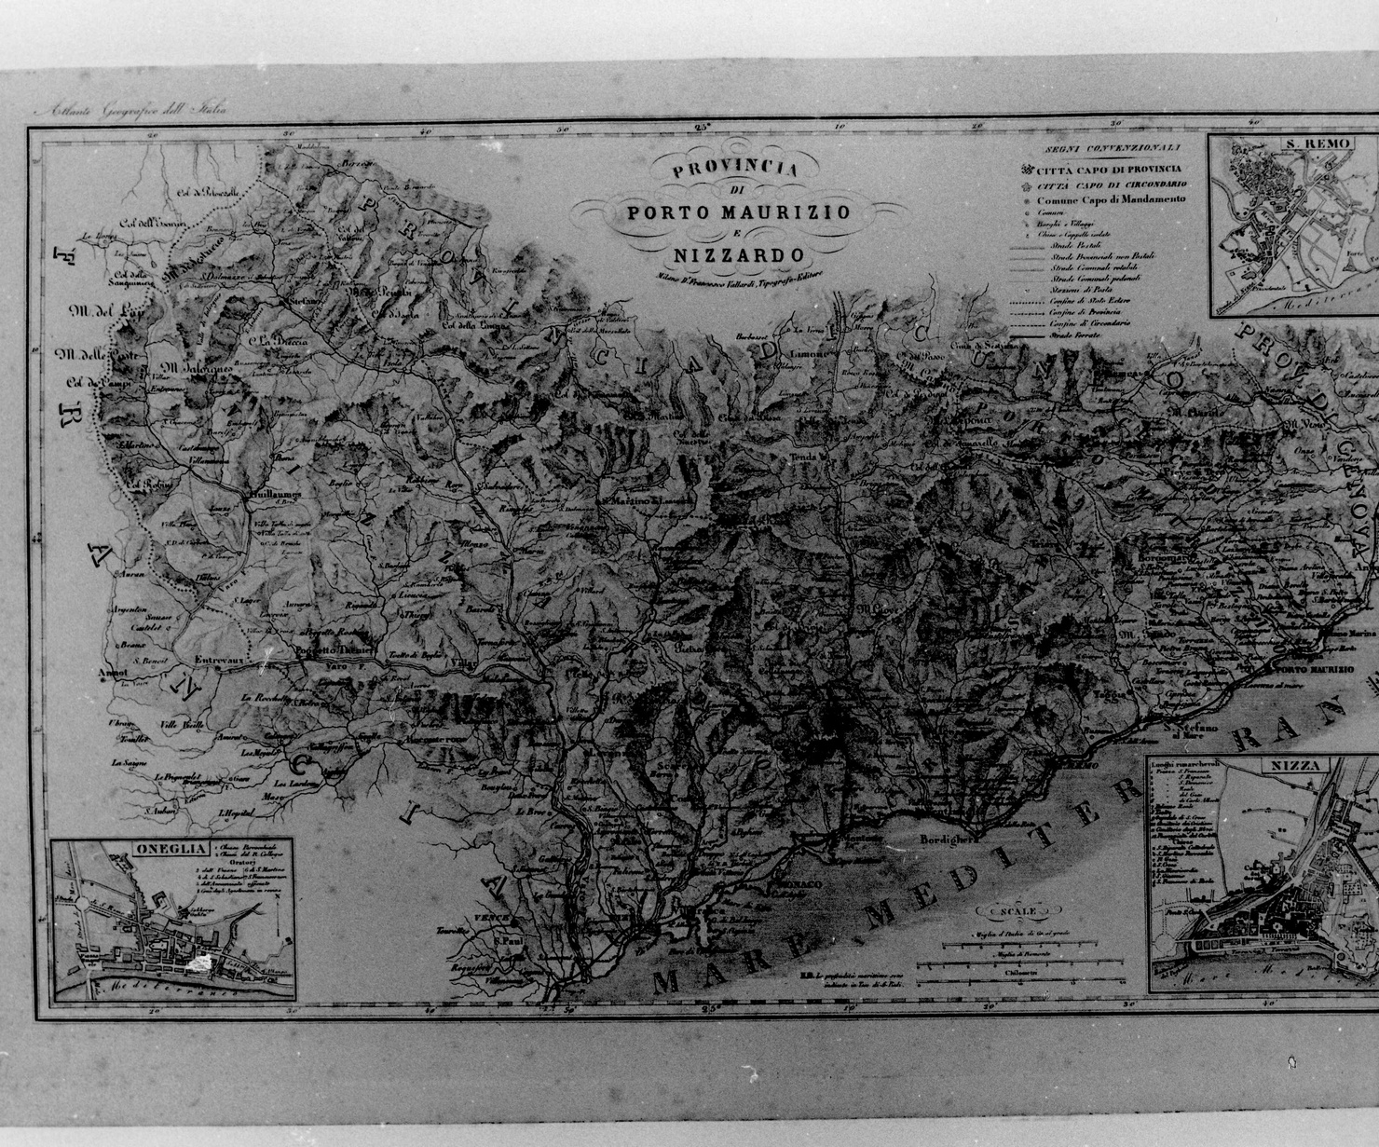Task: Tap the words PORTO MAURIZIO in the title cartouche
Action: click(738, 212)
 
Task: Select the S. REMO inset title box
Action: click(1317, 143)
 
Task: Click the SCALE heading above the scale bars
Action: click(1017, 911)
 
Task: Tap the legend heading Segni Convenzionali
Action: click(1112, 147)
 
